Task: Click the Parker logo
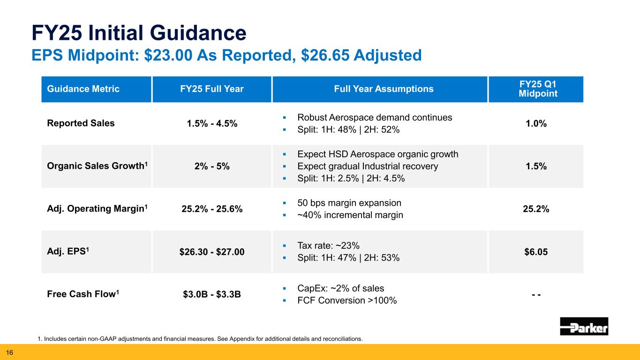pyautogui.click(x=584, y=326)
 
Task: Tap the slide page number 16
pyautogui.click(x=9, y=352)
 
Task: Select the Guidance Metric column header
pyautogui.click(x=83, y=89)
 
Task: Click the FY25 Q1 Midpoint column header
pyautogui.click(x=536, y=89)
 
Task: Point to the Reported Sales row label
pyautogui.click(x=80, y=124)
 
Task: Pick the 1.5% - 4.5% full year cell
pyautogui.click(x=211, y=124)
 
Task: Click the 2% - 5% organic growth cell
pyautogui.click(x=211, y=166)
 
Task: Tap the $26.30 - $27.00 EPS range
pyautogui.click(x=211, y=252)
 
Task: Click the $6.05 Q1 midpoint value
pyautogui.click(x=536, y=252)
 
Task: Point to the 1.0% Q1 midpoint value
pyautogui.click(x=536, y=124)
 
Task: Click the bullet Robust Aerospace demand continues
pyautogui.click(x=375, y=118)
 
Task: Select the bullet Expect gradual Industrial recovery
pyautogui.click(x=368, y=166)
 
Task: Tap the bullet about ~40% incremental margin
pyautogui.click(x=350, y=216)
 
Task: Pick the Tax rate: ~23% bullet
pyautogui.click(x=328, y=246)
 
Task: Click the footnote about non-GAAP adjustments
pyautogui.click(x=200, y=339)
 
